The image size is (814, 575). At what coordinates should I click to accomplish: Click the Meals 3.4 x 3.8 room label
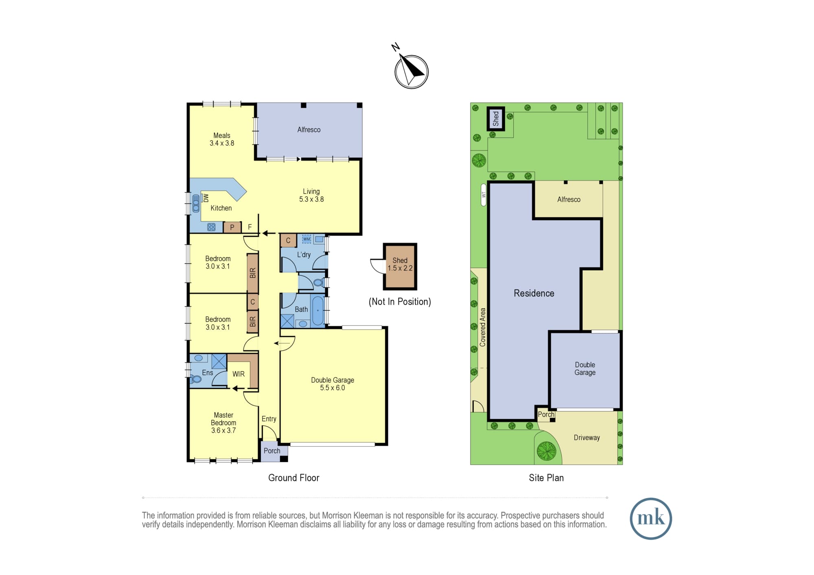click(222, 139)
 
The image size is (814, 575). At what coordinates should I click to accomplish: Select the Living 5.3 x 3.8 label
click(311, 195)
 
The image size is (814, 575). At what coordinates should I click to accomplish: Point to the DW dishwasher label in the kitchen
click(206, 198)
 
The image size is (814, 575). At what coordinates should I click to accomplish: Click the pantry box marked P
click(232, 227)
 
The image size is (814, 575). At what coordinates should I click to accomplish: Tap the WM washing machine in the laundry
click(306, 239)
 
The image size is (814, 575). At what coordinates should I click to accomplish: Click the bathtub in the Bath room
click(317, 311)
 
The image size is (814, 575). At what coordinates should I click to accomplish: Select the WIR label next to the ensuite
click(239, 374)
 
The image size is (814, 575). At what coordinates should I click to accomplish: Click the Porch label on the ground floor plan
click(272, 451)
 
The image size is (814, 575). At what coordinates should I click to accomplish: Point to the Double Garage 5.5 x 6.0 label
click(333, 384)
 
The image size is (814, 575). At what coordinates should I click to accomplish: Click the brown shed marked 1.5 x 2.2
click(400, 266)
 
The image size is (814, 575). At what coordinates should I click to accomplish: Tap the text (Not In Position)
click(400, 302)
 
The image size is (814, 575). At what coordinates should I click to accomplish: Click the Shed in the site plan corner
click(496, 119)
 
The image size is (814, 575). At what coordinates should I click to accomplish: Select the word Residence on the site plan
click(534, 293)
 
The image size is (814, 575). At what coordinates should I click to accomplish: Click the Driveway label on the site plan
click(587, 438)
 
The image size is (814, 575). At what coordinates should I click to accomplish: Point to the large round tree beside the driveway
click(547, 451)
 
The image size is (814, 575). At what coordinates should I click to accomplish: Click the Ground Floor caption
click(294, 478)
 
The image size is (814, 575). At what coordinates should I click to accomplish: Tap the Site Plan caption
click(546, 478)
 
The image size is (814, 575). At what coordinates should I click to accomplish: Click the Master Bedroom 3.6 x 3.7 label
click(223, 423)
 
